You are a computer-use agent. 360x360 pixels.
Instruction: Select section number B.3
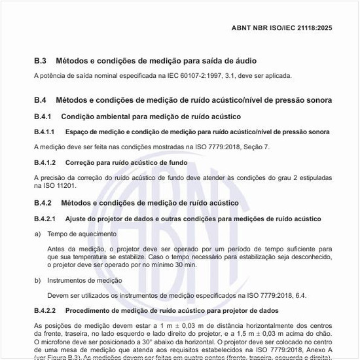point(40,61)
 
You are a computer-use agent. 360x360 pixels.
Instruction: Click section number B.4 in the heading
point(40,100)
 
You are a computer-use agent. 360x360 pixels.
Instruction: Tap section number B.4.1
point(44,117)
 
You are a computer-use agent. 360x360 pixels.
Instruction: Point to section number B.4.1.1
point(44,132)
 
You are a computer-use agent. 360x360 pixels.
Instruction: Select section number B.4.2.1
point(44,218)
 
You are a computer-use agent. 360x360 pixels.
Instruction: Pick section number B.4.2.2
point(44,310)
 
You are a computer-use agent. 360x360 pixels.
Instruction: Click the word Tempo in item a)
point(58,234)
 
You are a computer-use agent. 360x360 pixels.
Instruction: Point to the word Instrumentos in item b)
point(69,280)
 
